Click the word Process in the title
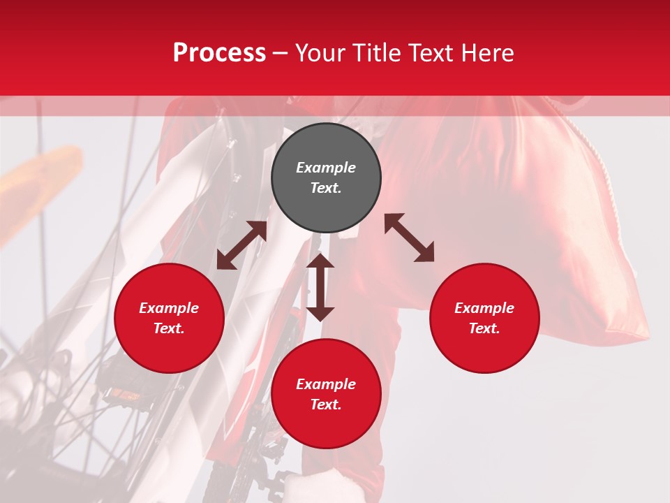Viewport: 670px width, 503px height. pos(219,53)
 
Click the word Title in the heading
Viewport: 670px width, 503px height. pos(376,53)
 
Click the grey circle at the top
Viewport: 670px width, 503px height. pos(326,178)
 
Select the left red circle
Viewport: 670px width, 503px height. pos(169,318)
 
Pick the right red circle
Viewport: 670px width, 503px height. pos(484,318)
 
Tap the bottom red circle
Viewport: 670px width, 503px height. pos(326,394)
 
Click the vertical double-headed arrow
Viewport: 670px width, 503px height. pos(320,287)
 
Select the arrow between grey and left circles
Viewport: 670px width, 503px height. pos(241,245)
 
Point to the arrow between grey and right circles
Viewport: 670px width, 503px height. pos(409,238)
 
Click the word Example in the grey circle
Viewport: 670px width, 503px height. pos(326,168)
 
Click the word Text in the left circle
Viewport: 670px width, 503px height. pos(169,328)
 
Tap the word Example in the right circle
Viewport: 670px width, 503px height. pos(484,308)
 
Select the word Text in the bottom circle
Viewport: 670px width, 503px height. pos(326,404)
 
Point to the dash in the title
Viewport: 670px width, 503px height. pos(280,54)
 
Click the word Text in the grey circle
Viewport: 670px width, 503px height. pos(326,188)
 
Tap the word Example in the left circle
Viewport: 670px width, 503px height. pos(169,308)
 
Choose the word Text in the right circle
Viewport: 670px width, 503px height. pos(484,328)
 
